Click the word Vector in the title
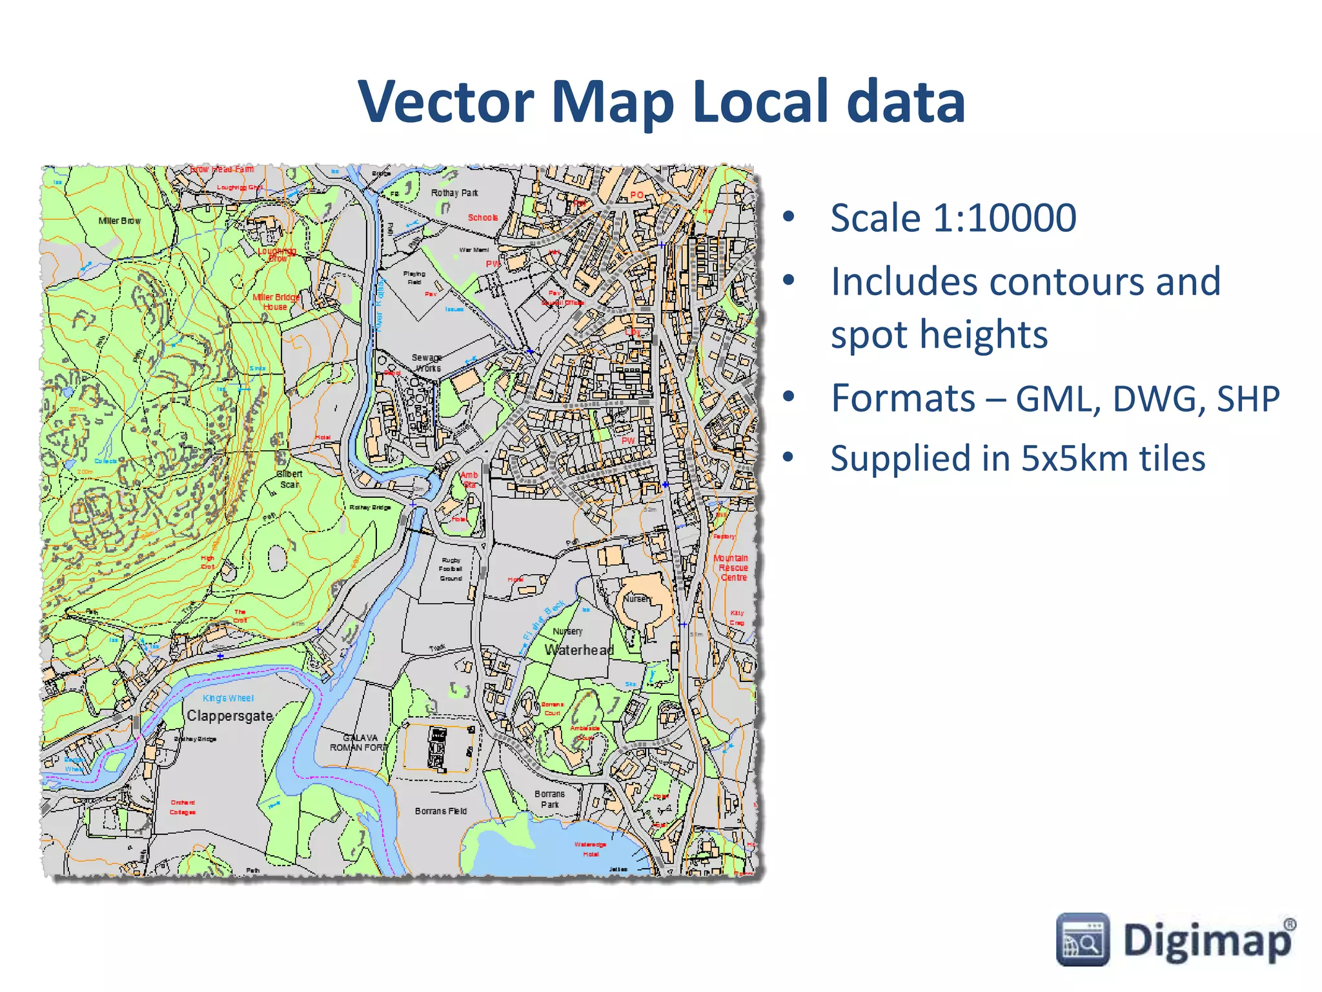446,102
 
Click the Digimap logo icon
1083,939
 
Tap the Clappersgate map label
230,716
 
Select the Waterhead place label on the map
579,650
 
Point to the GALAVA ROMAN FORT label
360,742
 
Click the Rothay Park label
454,192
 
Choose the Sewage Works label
427,362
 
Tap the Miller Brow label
119,220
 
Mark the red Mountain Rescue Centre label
732,567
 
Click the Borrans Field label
441,811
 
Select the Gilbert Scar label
289,479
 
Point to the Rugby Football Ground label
451,569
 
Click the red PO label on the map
637,195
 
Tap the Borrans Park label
549,799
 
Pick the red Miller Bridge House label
276,302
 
